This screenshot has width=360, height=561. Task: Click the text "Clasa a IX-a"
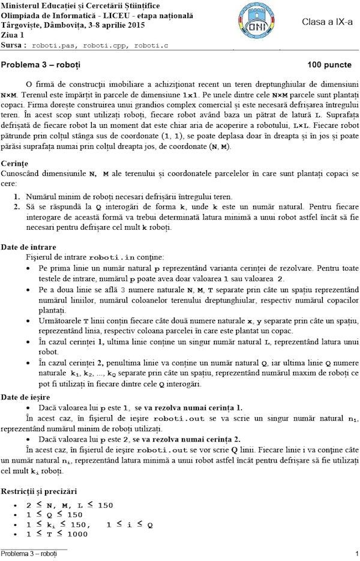pyautogui.click(x=327, y=22)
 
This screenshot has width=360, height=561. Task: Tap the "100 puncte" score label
pyautogui.click(x=329, y=64)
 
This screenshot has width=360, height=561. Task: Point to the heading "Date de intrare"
pyautogui.click(x=29, y=247)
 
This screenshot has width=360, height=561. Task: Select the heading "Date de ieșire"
pyautogui.click(x=27, y=397)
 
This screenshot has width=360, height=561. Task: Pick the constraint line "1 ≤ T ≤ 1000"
pyautogui.click(x=58, y=533)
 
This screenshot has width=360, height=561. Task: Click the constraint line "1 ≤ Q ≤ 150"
pyautogui.click(x=54, y=515)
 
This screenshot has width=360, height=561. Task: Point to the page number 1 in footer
pyautogui.click(x=356, y=554)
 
